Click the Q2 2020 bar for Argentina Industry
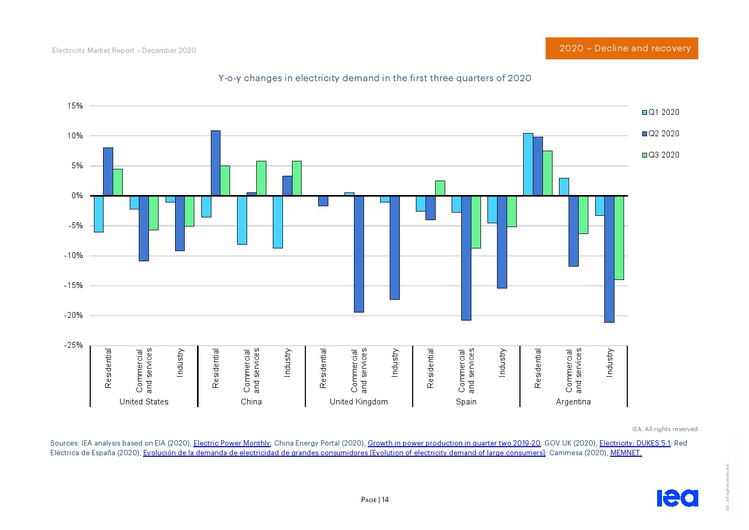609,259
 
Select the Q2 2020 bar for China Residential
216,163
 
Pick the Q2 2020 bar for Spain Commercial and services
467,258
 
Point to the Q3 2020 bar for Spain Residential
440,188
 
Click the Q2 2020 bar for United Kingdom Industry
395,247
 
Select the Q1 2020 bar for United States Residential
99,214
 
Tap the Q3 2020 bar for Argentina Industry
619,238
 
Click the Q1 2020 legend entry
660,112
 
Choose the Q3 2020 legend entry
660,155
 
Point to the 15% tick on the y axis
75,106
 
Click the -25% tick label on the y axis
74,345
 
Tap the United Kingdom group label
359,402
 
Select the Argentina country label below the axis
573,402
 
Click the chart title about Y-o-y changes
375,78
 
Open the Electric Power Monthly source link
232,443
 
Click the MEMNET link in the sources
626,453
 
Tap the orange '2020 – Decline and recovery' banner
621,48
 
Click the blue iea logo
677,497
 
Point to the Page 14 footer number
375,500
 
